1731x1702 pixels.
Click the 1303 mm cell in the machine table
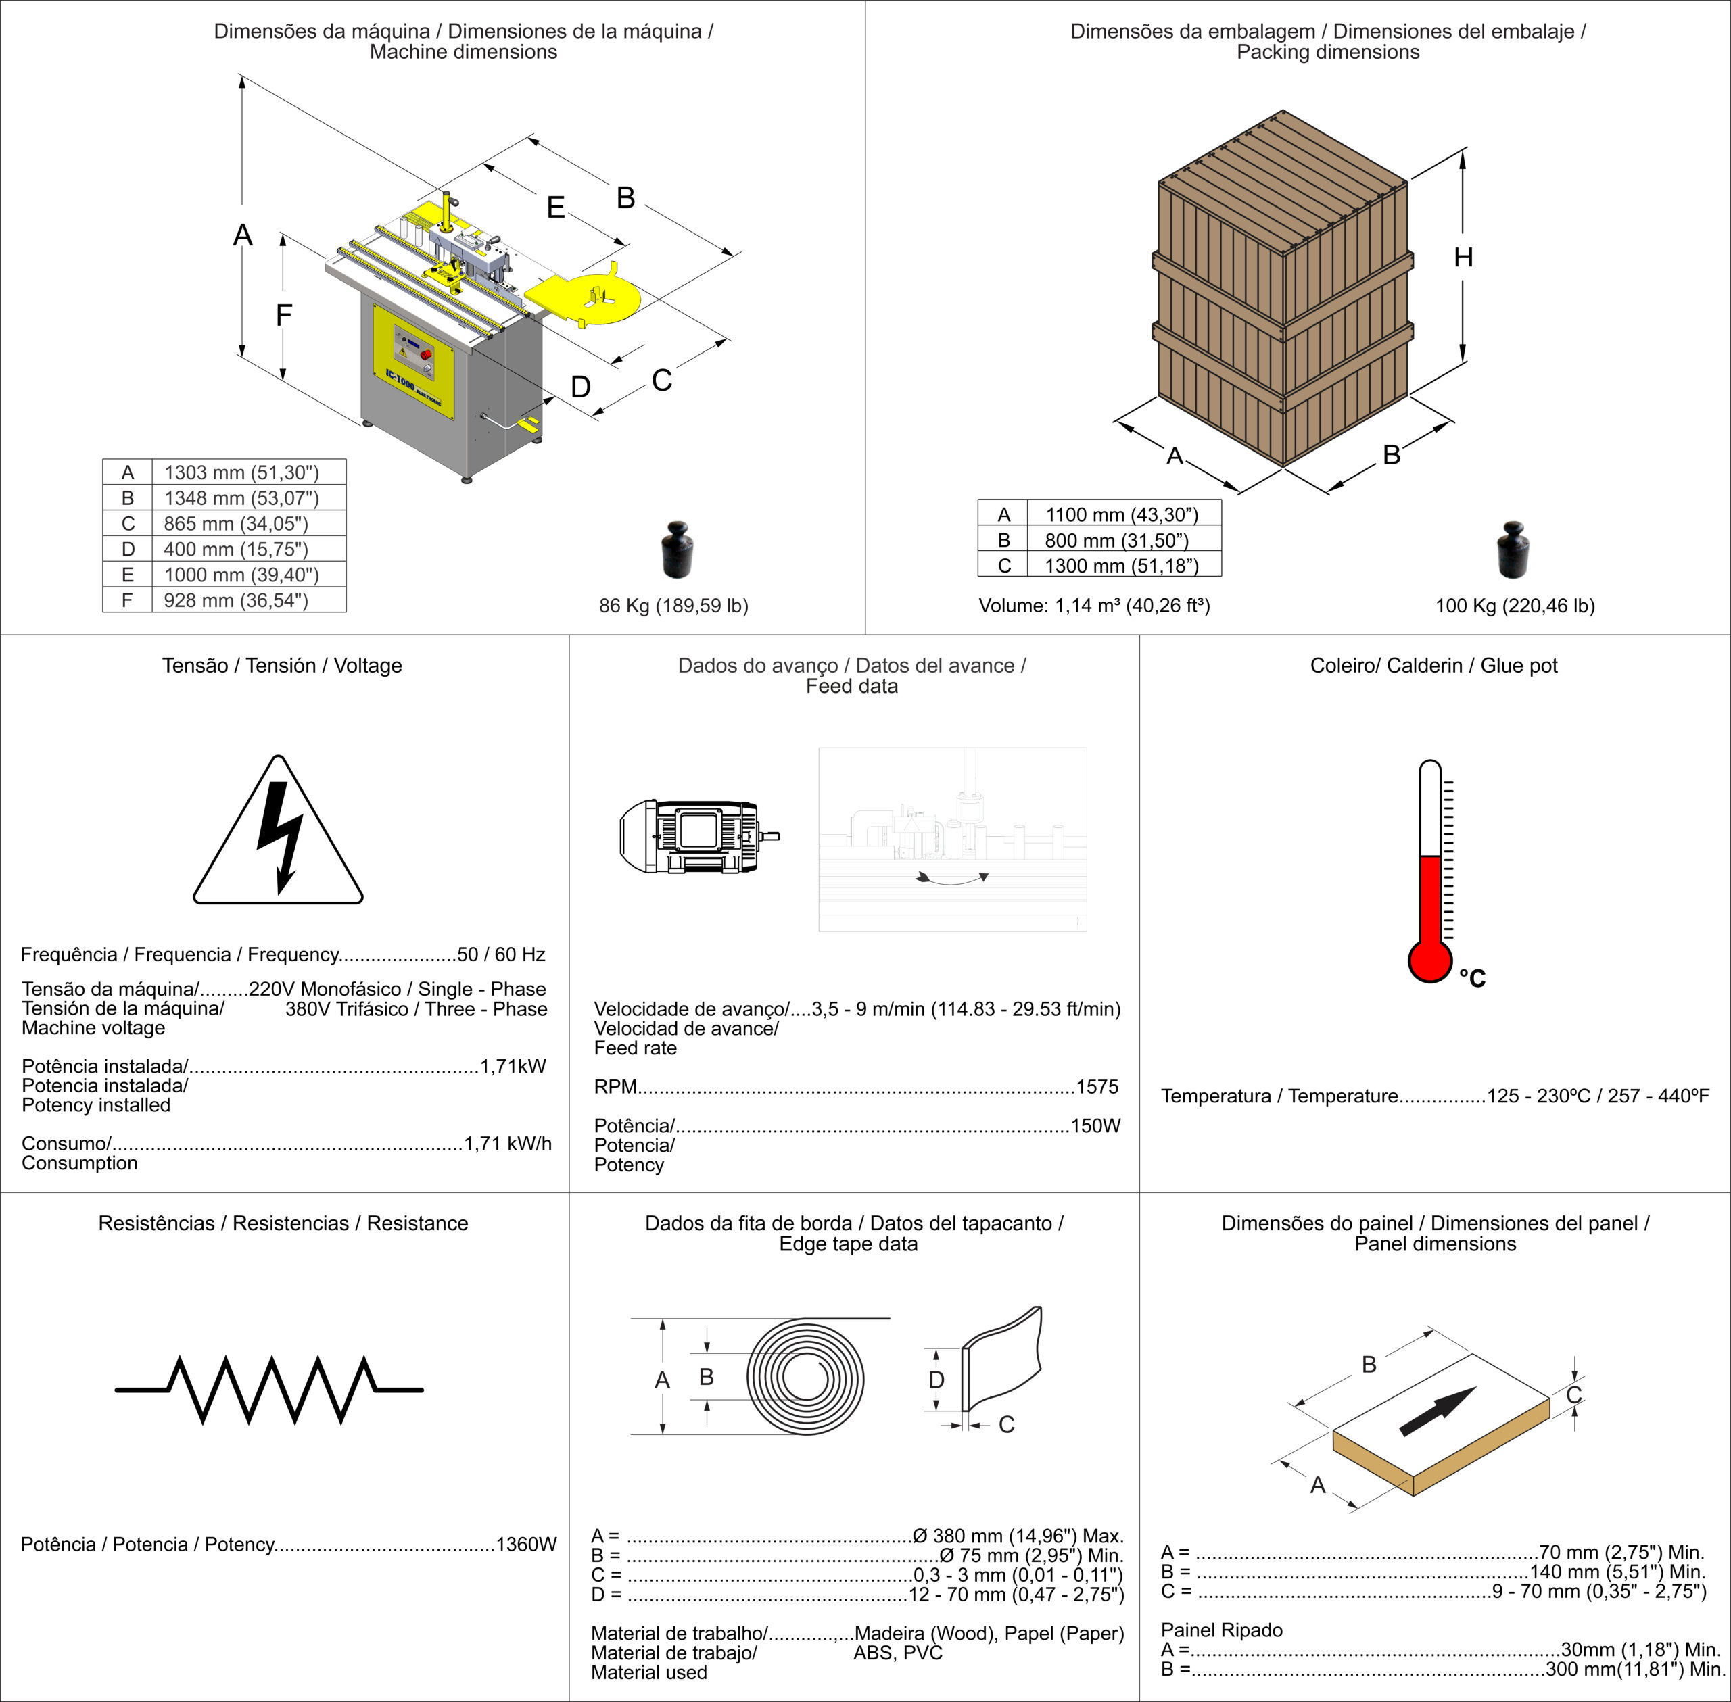[241, 472]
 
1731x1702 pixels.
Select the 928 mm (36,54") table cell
[236, 600]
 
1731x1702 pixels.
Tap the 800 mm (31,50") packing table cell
[1117, 540]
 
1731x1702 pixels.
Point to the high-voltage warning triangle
[278, 834]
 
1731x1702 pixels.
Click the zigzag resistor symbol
[269, 1389]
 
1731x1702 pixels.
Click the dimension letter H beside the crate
[1463, 258]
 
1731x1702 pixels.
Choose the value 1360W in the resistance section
[526, 1545]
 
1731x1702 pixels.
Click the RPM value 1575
[1097, 1087]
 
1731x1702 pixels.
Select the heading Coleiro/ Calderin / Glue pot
[1433, 665]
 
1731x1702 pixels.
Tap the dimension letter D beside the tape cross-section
[936, 1380]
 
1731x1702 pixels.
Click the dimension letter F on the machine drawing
[283, 315]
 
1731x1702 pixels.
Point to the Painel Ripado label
[1221, 1630]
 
